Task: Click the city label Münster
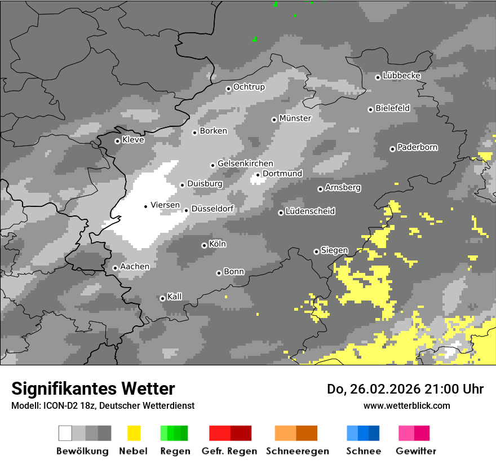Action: coord(295,118)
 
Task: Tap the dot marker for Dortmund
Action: coord(258,175)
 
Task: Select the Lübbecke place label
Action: coord(402,76)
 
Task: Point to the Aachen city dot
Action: coord(115,268)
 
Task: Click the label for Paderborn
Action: coord(418,148)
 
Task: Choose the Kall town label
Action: coord(175,297)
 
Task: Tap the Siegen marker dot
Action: coord(316,251)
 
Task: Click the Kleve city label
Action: coord(134,140)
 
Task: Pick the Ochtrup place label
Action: coord(249,87)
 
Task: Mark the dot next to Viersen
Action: coord(145,206)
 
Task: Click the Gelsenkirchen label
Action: coord(245,164)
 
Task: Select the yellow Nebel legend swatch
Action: coord(134,433)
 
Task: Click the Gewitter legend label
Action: coord(416,451)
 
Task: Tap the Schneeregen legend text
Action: coord(298,451)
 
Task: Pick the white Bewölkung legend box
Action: coord(65,433)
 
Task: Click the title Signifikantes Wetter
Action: coord(93,388)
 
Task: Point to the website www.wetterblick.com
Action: coord(407,405)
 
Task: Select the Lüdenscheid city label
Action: coord(311,211)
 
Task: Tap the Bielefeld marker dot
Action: coord(370,109)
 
